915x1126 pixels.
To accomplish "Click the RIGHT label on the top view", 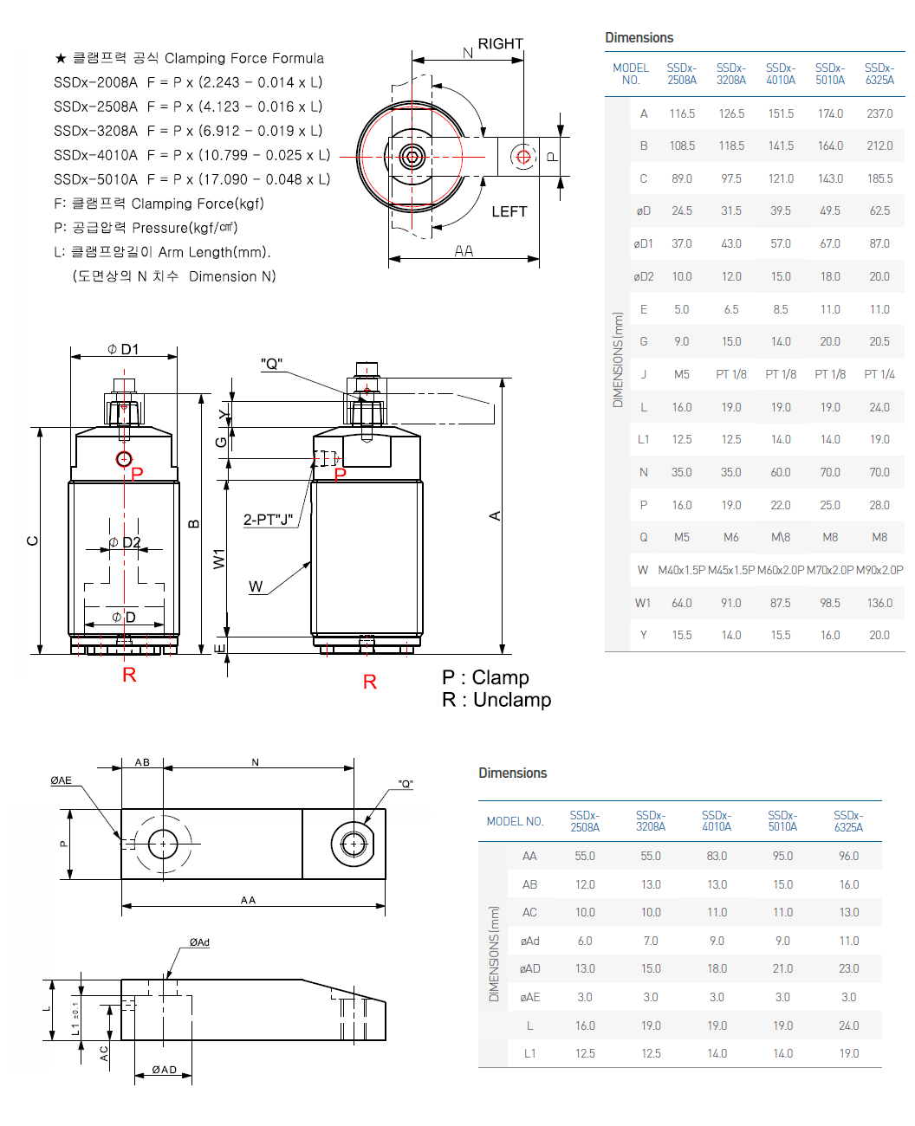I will (500, 44).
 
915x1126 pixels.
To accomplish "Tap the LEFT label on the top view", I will (509, 211).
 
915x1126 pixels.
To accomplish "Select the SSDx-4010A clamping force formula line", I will (191, 155).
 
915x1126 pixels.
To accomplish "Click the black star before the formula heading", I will (61, 58).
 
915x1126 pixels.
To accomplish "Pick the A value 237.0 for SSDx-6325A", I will (879, 113).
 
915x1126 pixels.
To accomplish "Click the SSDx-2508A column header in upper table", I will (681, 74).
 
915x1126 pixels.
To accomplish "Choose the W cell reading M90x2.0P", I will (879, 570).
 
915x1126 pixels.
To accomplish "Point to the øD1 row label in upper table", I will (643, 244).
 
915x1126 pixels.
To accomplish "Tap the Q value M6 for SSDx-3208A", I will (731, 537).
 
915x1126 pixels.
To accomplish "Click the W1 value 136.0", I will (879, 603).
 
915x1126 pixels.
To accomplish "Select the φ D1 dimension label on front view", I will (123, 349).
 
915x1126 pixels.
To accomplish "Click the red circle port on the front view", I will (124, 458).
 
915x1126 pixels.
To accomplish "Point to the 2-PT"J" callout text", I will (268, 520).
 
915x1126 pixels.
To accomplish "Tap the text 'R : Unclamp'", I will (496, 700).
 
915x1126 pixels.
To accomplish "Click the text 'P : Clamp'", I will (485, 677).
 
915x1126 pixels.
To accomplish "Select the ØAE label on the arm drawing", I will (61, 780).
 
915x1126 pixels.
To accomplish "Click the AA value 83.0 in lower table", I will (717, 856).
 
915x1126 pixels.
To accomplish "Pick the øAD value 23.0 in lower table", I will (848, 968).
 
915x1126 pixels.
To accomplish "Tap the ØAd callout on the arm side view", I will (199, 942).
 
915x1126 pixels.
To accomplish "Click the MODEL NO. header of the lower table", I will (515, 821).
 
